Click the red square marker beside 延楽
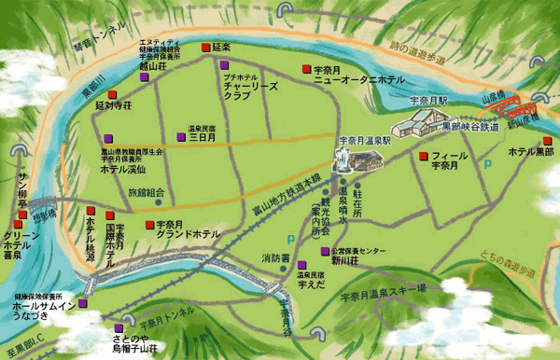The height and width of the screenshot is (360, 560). [204, 46]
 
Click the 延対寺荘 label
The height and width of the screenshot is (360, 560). [110, 106]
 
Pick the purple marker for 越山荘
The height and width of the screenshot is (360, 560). [144, 78]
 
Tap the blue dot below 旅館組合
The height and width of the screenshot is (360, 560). [158, 202]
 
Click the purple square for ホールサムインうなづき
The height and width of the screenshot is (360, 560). [83, 303]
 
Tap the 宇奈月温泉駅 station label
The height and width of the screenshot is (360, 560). [364, 137]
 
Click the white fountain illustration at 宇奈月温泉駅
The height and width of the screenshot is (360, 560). [344, 156]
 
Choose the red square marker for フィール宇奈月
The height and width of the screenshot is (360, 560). [423, 155]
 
